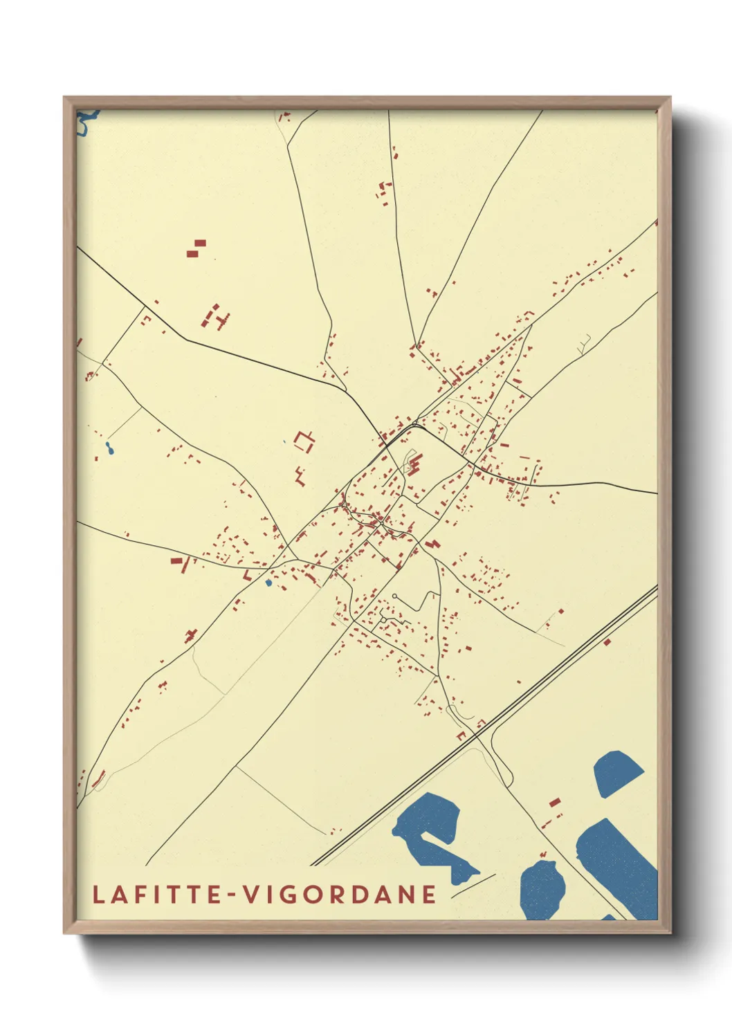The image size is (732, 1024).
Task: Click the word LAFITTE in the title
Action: click(x=156, y=894)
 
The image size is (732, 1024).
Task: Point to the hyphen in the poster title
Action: click(x=232, y=895)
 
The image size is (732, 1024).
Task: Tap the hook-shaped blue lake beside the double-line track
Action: click(x=432, y=834)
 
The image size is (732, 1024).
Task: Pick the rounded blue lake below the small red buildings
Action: click(x=542, y=888)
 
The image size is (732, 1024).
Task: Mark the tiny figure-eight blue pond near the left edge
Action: click(x=109, y=449)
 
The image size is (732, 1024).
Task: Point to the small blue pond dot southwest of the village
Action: click(x=268, y=583)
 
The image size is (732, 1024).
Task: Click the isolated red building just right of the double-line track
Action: click(x=607, y=642)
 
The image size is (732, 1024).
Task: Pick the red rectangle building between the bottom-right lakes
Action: click(x=554, y=802)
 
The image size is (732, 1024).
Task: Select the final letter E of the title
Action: click(x=430, y=894)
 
